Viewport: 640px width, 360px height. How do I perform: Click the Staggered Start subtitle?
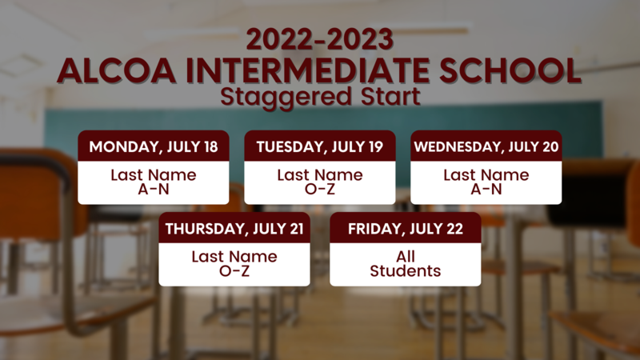[x=319, y=98]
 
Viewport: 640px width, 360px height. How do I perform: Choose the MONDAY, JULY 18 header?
[x=153, y=146]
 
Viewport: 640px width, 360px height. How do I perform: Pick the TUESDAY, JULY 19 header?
[x=319, y=146]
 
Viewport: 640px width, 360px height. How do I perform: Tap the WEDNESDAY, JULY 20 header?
[x=486, y=146]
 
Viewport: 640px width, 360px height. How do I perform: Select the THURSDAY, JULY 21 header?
[x=234, y=229]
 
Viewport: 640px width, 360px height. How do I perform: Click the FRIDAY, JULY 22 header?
[x=405, y=229]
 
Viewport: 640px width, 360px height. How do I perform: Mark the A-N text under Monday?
[x=153, y=190]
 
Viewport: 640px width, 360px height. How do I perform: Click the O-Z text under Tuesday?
[x=319, y=190]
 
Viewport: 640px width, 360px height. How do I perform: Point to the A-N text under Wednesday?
[x=486, y=190]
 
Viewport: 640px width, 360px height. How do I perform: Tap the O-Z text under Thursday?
[x=234, y=271]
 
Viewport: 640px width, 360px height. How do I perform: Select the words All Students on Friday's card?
[x=405, y=264]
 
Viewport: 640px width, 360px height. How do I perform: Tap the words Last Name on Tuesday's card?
[x=319, y=175]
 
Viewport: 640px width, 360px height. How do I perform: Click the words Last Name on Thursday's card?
[x=234, y=257]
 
